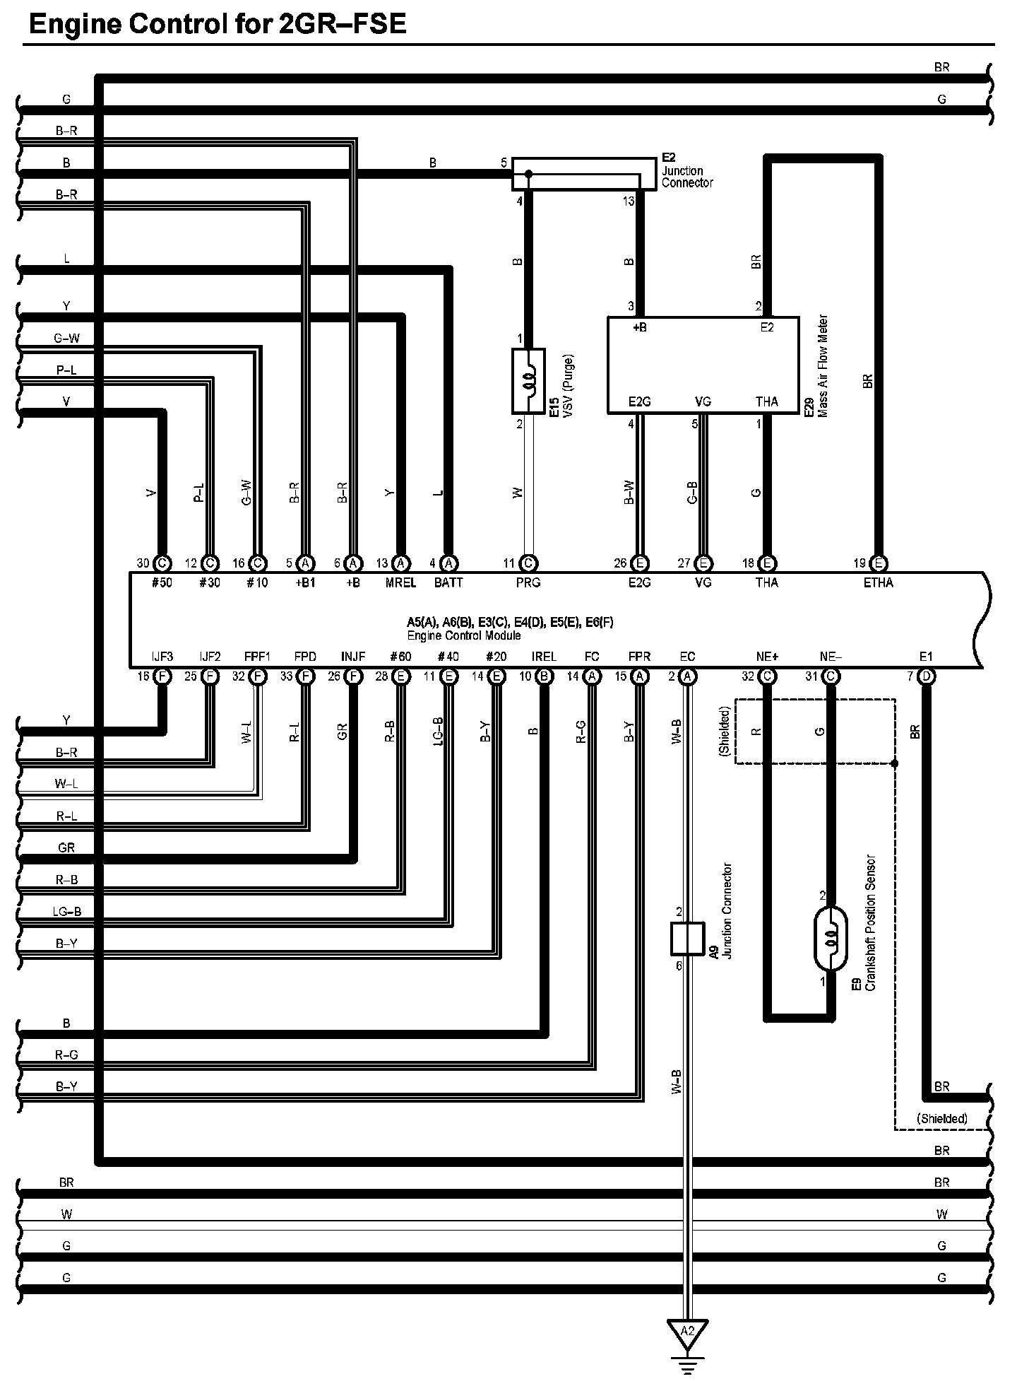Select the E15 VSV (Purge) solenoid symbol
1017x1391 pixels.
[x=528, y=380]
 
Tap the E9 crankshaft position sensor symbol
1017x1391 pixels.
[x=831, y=938]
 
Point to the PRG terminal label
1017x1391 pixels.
[x=528, y=582]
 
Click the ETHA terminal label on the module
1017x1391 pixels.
[x=878, y=582]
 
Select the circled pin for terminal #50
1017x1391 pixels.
[x=162, y=563]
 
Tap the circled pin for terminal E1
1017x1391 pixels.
[x=927, y=676]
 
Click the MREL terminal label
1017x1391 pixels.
[x=400, y=582]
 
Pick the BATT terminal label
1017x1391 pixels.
[x=448, y=582]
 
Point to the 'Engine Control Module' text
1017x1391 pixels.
[x=463, y=635]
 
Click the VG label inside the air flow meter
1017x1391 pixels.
[x=703, y=402]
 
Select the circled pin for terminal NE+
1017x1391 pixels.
[x=767, y=676]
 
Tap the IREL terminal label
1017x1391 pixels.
[x=544, y=657]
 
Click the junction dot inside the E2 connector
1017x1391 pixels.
[x=528, y=173]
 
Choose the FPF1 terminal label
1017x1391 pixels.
[x=257, y=657]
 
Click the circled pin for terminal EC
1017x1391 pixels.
[x=687, y=676]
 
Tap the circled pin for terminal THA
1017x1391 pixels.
[x=767, y=563]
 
